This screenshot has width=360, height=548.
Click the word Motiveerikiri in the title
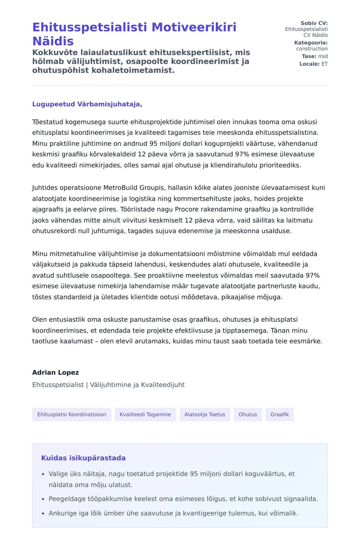coord(194,27)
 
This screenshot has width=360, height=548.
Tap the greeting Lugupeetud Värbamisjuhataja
coord(87,104)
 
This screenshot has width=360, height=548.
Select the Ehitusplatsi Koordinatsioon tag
coord(72,414)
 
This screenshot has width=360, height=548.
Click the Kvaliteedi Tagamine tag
coord(145,414)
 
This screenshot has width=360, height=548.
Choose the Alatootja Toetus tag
coord(205,414)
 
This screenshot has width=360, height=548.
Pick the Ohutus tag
coord(248,414)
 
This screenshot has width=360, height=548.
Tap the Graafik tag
coord(280,414)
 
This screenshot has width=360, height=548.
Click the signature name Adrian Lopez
coord(55,372)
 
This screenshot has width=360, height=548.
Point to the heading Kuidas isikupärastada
coord(83,458)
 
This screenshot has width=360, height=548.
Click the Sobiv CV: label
coord(314,23)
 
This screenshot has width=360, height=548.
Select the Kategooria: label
coord(311,43)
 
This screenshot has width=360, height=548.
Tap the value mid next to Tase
coord(323,56)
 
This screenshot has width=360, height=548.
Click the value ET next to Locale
coord(325,64)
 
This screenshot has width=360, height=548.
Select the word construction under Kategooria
coord(312,49)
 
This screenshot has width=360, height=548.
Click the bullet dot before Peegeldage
coord(43,499)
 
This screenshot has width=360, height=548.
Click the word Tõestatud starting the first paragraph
coord(48,122)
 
